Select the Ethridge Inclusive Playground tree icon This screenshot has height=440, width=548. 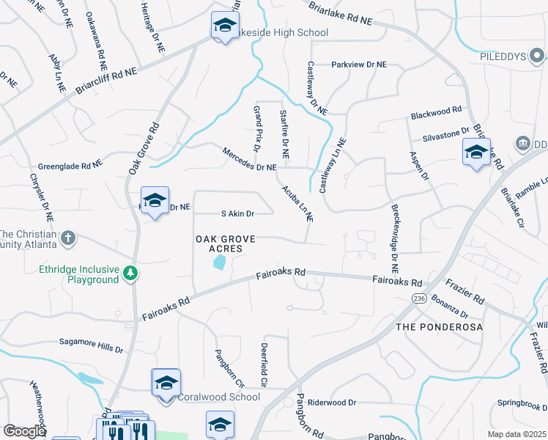coord(130,273)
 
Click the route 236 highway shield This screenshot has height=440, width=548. coord(419,298)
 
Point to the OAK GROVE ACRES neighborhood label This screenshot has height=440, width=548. coord(228,244)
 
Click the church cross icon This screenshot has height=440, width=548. coord(67,237)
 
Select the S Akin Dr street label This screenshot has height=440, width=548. coord(237,214)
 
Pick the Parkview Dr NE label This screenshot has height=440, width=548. coord(358,65)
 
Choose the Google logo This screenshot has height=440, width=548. coord(24,431)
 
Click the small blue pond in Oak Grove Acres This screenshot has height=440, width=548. coord(218,263)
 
